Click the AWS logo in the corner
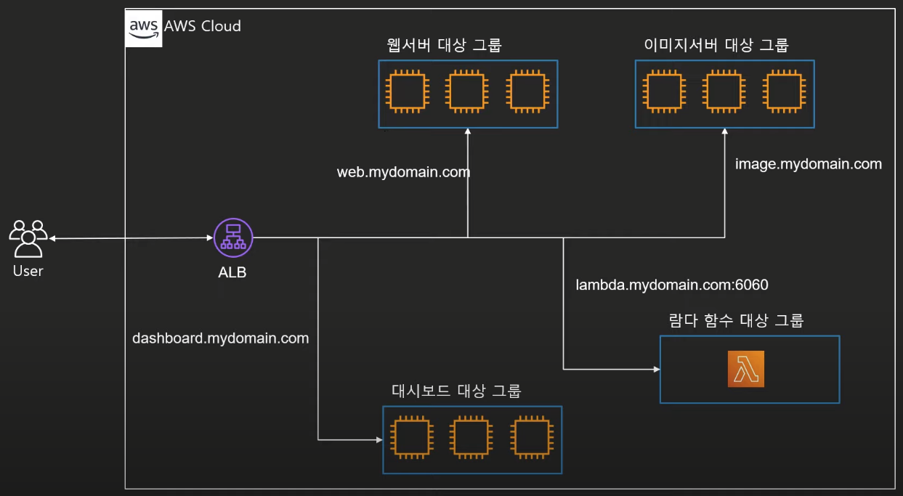pyautogui.click(x=144, y=28)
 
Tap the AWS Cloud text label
pyautogui.click(x=203, y=26)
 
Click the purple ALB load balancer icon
pyautogui.click(x=233, y=237)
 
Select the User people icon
pyautogui.click(x=28, y=238)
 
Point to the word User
pyautogui.click(x=28, y=271)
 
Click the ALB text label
pyautogui.click(x=232, y=273)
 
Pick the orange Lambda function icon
pyautogui.click(x=746, y=369)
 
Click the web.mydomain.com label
pyautogui.click(x=403, y=172)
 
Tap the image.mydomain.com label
pyautogui.click(x=809, y=164)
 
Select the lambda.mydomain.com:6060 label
pyautogui.click(x=672, y=285)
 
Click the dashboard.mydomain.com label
pyautogui.click(x=221, y=338)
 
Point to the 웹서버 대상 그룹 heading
pyautogui.click(x=445, y=45)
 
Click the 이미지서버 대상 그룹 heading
pyautogui.click(x=716, y=45)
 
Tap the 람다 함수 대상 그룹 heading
pyautogui.click(x=736, y=321)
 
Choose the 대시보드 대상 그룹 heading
pyautogui.click(x=457, y=391)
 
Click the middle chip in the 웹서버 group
pyautogui.click(x=467, y=92)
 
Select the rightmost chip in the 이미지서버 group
pyautogui.click(x=784, y=92)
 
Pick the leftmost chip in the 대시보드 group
pyautogui.click(x=412, y=438)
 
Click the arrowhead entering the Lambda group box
pyautogui.click(x=657, y=369)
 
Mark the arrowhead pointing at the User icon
pyautogui.click(x=52, y=238)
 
